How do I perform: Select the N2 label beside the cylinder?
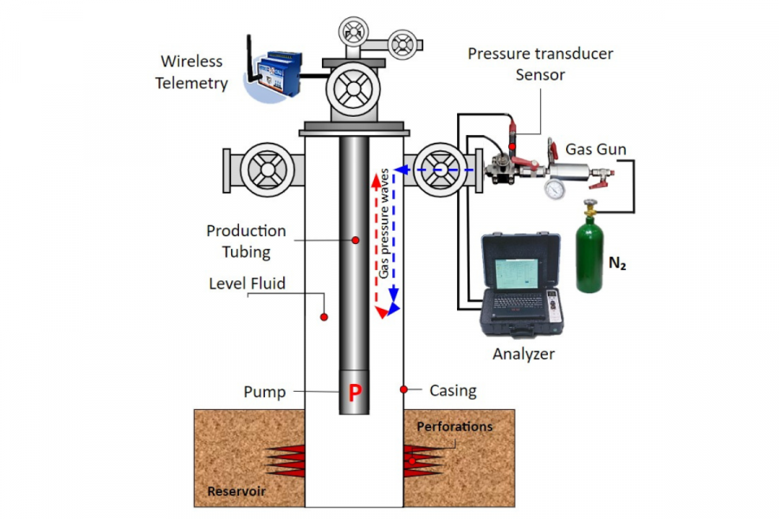(x=617, y=263)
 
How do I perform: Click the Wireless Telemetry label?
(x=191, y=73)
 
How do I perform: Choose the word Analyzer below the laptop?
(x=523, y=354)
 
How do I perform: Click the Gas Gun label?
(x=596, y=149)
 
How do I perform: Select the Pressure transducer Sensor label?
(x=540, y=64)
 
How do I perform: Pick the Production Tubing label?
(x=246, y=241)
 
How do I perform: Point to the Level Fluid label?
(x=247, y=284)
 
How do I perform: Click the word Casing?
(x=453, y=390)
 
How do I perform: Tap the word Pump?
(x=264, y=392)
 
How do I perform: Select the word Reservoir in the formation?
(x=235, y=492)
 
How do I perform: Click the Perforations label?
(x=454, y=426)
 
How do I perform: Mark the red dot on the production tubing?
(x=355, y=240)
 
